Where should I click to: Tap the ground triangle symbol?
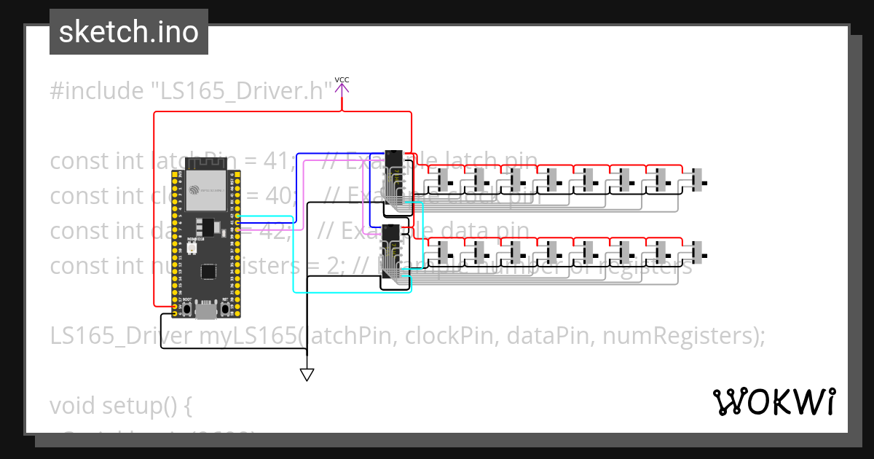307,374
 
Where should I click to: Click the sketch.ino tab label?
129,32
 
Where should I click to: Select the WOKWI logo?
773,401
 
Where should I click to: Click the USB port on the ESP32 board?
206,310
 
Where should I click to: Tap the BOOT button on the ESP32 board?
188,309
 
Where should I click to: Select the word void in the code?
74,405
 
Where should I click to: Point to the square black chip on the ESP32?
208,270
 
